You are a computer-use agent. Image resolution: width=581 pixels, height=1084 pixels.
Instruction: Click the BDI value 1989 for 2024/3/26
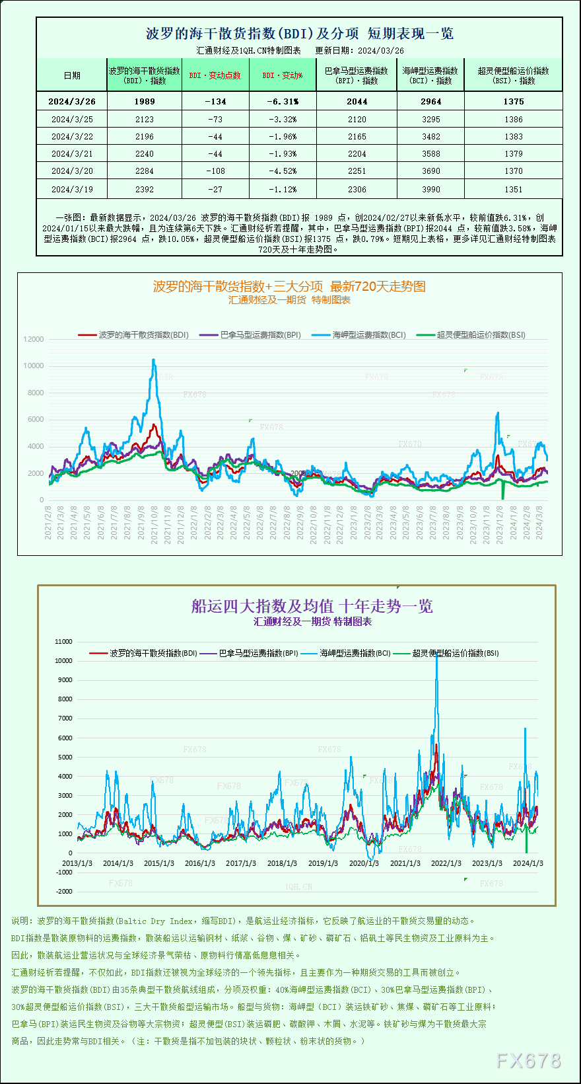[x=144, y=101]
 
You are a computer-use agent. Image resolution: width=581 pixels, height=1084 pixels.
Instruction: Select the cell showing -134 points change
[x=215, y=101]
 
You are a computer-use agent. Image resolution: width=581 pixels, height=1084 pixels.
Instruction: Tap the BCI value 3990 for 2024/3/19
[x=430, y=189]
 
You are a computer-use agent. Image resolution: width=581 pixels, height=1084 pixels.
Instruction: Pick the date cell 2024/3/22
[x=72, y=136]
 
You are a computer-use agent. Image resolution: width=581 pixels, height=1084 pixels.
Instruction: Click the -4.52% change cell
[x=283, y=171]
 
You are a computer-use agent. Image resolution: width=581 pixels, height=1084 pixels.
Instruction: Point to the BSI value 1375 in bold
[x=513, y=101]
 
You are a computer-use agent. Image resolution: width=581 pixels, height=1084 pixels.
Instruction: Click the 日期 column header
[x=72, y=75]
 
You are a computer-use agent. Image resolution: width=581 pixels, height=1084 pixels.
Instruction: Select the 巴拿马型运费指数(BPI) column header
[x=357, y=75]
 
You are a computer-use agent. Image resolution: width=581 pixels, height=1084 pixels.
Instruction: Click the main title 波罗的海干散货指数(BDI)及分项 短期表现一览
[x=299, y=33]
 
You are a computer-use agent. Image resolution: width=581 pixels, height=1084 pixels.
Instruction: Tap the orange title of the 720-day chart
[x=289, y=286]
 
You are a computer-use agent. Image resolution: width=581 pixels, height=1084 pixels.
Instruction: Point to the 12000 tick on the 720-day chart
[x=34, y=339]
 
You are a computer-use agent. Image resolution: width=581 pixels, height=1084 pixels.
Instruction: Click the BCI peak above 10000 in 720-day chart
[x=154, y=360]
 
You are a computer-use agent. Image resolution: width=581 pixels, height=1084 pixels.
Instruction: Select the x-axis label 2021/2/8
[x=48, y=522]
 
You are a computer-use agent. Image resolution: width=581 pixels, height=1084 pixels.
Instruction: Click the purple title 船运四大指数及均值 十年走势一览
[x=312, y=606]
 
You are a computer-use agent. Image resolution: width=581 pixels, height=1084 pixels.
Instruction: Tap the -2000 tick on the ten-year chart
[x=64, y=891]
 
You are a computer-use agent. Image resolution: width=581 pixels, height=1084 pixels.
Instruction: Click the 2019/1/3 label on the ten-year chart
[x=323, y=863]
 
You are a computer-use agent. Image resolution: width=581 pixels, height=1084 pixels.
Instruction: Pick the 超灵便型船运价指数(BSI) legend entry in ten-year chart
[x=455, y=653]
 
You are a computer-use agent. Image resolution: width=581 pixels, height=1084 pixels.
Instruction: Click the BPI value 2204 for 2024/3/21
[x=357, y=153]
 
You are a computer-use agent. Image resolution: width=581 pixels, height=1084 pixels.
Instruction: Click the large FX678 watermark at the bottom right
[x=528, y=1061]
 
